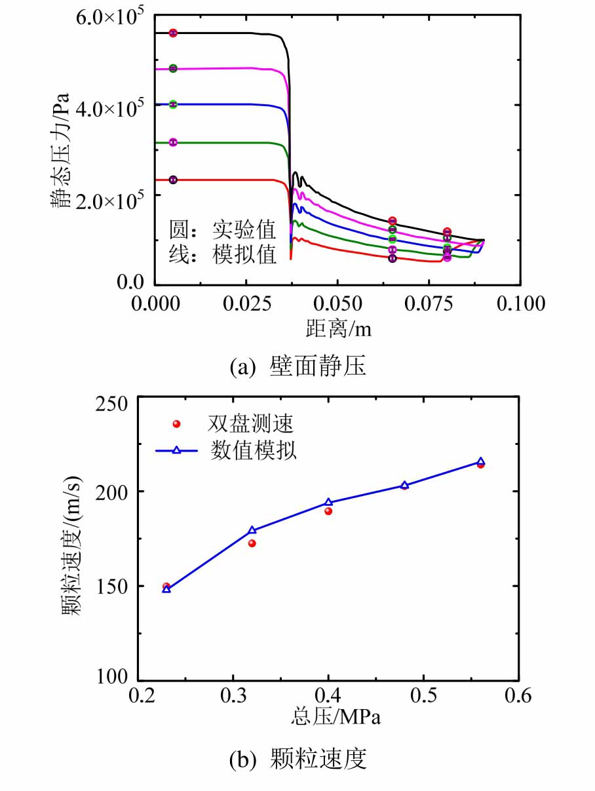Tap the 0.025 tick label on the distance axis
pos(245,303)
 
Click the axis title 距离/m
pos(338,328)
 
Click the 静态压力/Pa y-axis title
pos(62,151)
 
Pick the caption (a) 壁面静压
pos(297,367)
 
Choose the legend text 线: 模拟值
pos(223,255)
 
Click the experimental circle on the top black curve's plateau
pos(173,33)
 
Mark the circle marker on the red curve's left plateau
pos(173,180)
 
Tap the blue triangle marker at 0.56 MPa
pos(480,461)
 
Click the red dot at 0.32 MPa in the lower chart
pos(252,543)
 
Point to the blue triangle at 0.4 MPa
pos(328,503)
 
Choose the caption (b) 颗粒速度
pos(297,760)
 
